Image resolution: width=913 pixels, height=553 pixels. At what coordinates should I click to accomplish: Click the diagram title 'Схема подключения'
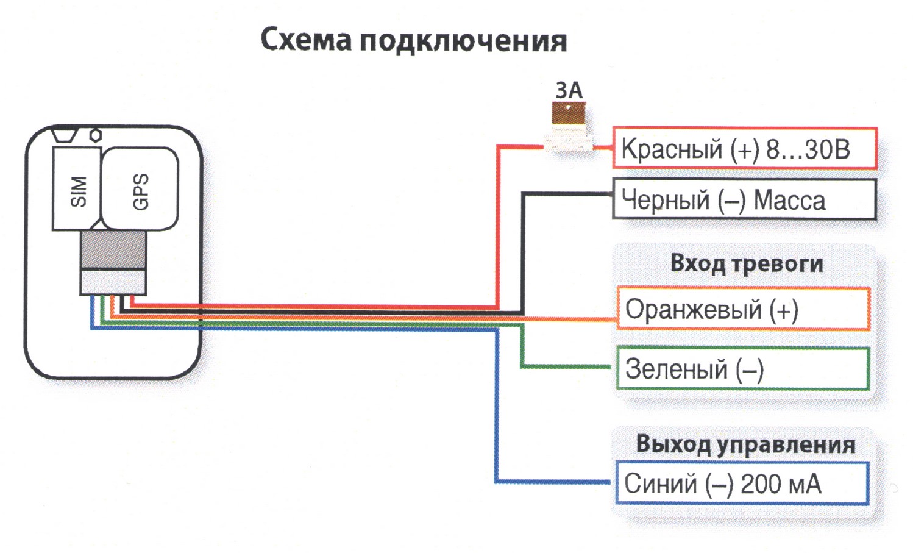point(414,41)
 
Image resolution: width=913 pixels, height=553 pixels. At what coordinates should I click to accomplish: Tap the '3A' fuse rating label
point(569,90)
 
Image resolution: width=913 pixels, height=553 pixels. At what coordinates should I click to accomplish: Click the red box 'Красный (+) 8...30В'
point(745,148)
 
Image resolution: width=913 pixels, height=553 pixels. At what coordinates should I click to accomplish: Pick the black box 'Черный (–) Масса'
point(745,199)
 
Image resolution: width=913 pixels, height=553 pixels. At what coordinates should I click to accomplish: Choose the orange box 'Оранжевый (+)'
point(744,309)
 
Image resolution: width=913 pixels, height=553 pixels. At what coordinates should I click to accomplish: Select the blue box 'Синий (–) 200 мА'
point(742,483)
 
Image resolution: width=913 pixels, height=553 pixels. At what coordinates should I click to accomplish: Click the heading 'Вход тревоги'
point(747,264)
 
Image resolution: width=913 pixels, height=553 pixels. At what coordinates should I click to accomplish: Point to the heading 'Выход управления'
point(746,445)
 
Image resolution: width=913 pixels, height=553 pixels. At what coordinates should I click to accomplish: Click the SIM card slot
point(77,189)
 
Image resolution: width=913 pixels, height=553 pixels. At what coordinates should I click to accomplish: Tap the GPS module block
point(140,189)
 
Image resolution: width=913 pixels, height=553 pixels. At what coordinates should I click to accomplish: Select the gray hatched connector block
point(113,250)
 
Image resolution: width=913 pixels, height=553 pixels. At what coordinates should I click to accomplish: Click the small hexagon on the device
point(95,135)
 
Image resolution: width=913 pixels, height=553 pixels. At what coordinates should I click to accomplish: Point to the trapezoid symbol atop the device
point(65,135)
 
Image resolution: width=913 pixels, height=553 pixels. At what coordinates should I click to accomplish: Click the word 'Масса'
point(789,201)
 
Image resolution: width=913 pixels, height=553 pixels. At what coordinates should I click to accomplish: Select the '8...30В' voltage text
point(808,149)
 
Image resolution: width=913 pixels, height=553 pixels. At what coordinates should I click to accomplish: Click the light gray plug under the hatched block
point(113,282)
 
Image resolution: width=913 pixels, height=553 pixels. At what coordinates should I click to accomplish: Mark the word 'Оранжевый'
point(694,309)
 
